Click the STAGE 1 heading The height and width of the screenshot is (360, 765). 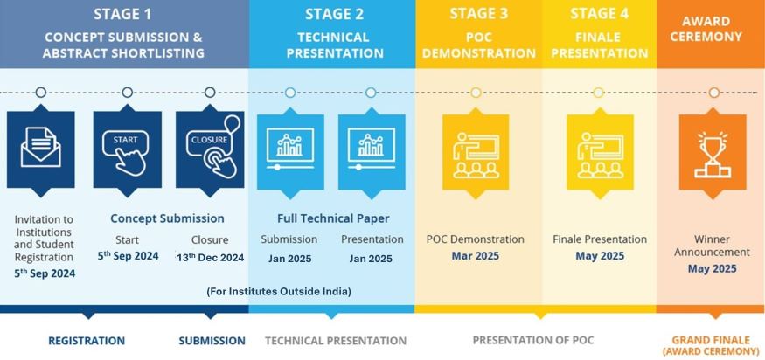(x=122, y=14)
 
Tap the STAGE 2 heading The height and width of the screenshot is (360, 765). (x=334, y=14)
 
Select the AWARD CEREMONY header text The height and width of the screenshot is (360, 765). (x=706, y=29)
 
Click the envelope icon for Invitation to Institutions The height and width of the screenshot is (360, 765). (x=41, y=148)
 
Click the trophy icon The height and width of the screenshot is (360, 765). (x=713, y=154)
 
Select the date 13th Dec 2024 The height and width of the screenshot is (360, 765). (x=211, y=257)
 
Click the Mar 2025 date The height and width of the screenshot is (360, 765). (x=476, y=256)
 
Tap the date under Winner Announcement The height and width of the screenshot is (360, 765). (x=713, y=269)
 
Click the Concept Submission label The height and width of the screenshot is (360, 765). (x=167, y=218)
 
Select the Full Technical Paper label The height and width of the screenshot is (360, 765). (x=333, y=218)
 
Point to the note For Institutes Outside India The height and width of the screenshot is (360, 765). (x=279, y=292)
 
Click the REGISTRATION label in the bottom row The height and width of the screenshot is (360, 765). (x=87, y=341)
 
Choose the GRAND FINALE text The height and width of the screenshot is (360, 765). (x=713, y=340)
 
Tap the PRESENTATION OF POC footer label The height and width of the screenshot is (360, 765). (x=533, y=340)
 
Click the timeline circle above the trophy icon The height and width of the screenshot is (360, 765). (x=713, y=93)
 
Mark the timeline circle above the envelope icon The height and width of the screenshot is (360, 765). (x=41, y=93)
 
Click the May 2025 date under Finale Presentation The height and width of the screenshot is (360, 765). (x=600, y=256)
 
